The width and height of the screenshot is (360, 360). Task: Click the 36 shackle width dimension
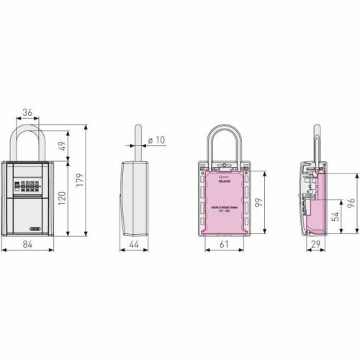[x=27, y=112]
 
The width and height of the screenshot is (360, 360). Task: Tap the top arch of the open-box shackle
[x=224, y=130]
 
